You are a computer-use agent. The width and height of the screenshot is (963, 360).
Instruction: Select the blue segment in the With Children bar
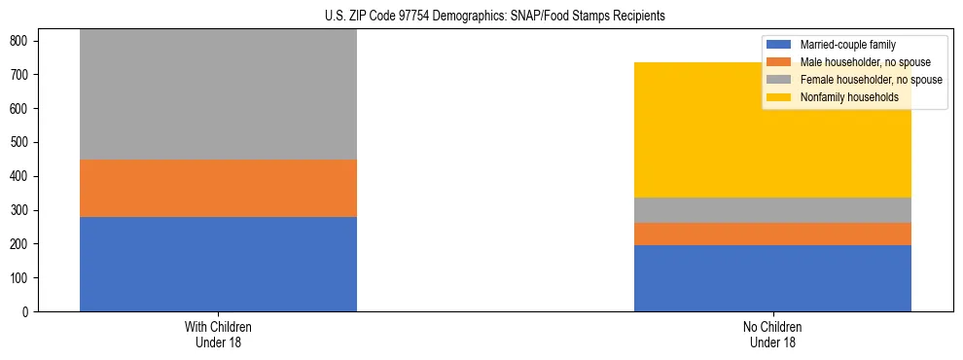tap(218, 264)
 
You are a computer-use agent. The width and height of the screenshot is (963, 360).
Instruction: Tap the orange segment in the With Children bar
tap(218, 188)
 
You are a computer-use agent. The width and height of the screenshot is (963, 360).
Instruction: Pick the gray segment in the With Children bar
tap(218, 94)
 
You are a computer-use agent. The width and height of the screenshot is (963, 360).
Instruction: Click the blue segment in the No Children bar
tap(772, 278)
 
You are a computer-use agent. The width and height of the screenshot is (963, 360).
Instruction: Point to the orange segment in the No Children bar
tap(772, 234)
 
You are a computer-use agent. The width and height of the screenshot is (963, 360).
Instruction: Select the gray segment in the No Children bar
tap(772, 210)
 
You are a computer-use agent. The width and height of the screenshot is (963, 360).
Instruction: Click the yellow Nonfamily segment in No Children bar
tap(772, 130)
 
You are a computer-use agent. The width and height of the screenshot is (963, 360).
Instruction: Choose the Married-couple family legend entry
tap(846, 45)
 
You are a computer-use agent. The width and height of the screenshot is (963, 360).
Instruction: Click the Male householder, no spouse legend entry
tap(859, 62)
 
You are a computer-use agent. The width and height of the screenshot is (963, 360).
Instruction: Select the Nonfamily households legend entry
tap(848, 97)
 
